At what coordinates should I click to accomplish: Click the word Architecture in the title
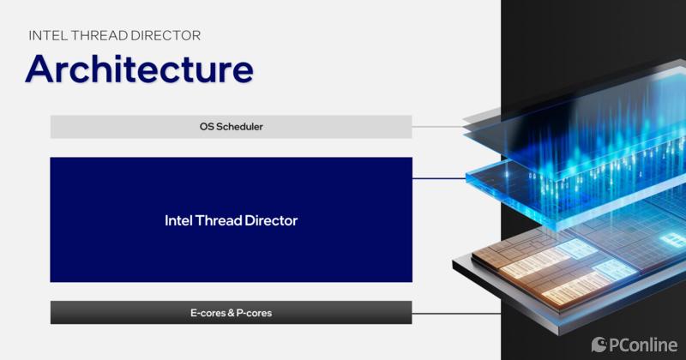coord(140,69)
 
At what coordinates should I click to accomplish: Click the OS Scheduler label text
coord(231,127)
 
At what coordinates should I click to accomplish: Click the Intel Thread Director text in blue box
coord(231,220)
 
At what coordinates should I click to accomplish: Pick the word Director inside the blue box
coord(271,220)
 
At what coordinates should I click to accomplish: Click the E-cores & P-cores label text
coord(231,313)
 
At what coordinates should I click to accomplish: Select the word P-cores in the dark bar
coord(254,313)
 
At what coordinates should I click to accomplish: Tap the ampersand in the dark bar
coord(231,313)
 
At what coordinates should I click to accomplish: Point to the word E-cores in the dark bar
coord(208,313)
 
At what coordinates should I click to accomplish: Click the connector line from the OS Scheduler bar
coord(438,127)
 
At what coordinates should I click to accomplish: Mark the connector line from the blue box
coord(439,178)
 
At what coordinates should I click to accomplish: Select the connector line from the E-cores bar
coord(456,313)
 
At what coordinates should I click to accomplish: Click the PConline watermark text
coord(642,345)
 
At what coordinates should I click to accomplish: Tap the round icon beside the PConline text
coord(599,345)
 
